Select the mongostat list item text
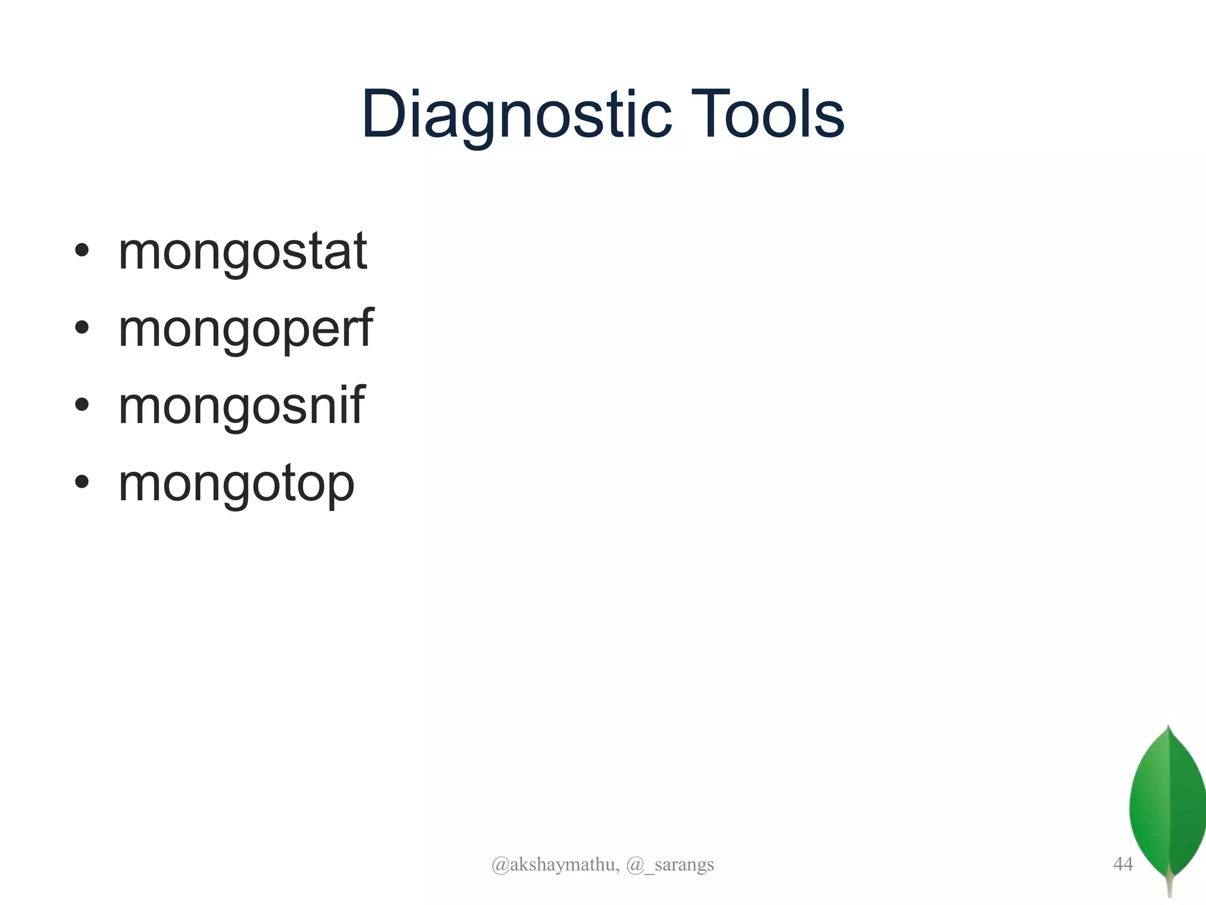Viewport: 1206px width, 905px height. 243,252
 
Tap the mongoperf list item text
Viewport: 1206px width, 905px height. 246,329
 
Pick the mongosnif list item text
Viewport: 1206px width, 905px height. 241,406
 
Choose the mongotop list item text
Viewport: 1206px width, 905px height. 236,484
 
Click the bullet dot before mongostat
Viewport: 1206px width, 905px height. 82,251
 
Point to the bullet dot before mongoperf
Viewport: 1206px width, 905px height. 82,328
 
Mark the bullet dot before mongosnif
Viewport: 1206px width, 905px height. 82,405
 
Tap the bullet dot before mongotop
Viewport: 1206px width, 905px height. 82,482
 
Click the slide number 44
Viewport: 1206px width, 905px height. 1123,864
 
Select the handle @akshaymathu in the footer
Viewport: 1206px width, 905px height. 555,864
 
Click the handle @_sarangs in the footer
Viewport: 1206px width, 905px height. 670,864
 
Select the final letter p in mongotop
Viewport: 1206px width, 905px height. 340,486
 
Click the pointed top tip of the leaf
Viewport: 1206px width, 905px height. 1169,727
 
